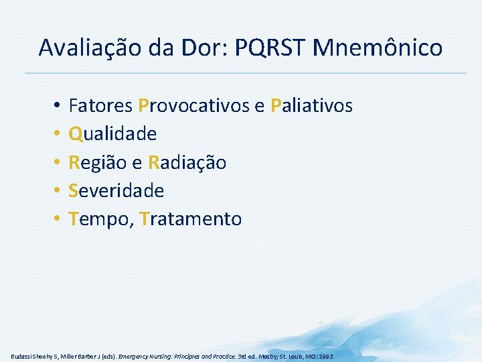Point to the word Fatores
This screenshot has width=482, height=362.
[x=100, y=106]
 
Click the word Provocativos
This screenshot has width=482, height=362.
[x=191, y=106]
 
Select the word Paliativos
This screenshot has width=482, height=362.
[x=312, y=106]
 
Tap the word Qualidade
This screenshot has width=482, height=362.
[x=113, y=134]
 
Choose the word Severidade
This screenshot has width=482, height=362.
[x=116, y=190]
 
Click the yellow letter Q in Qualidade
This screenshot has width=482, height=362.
[x=76, y=134]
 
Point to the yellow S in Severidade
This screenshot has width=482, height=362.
[x=74, y=190]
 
